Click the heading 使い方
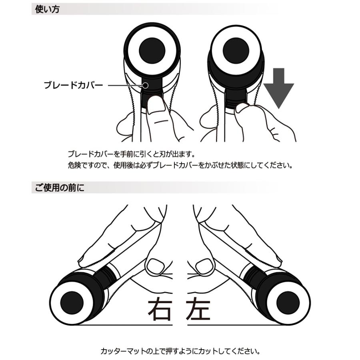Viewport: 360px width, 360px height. click(47, 9)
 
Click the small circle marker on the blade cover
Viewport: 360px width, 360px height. click(146, 85)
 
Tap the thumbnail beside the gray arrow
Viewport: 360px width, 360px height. click(241, 107)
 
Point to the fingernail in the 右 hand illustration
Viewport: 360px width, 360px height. click(154, 264)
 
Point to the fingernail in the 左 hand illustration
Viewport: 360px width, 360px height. click(204, 264)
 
